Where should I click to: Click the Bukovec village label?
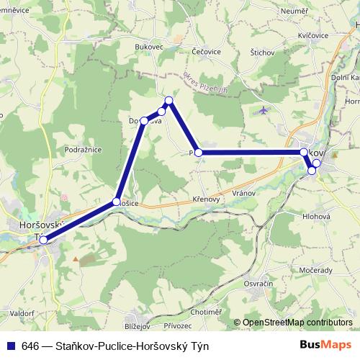(x=149, y=47)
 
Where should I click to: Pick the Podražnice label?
(x=82, y=150)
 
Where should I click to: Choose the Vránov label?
(x=246, y=194)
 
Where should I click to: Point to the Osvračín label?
(x=258, y=284)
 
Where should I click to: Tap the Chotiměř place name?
(x=207, y=312)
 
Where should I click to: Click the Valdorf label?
(x=22, y=315)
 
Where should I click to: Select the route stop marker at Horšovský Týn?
(x=44, y=240)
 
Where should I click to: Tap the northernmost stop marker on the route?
(x=168, y=101)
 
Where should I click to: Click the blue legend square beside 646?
(x=10, y=346)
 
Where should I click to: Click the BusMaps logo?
(x=325, y=346)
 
